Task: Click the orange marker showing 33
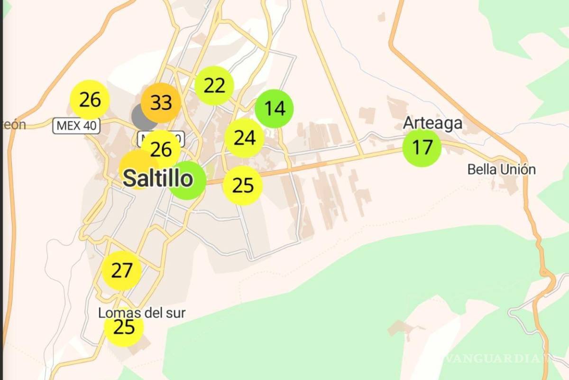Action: [x=160, y=103]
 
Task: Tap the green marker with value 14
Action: [x=274, y=109]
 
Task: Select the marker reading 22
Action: [x=214, y=85]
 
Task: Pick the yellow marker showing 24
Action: [x=245, y=138]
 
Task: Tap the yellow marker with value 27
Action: [x=122, y=271]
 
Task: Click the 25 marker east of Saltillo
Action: [x=243, y=185]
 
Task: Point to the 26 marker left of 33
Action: [x=90, y=100]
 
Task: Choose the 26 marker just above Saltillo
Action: [x=161, y=150]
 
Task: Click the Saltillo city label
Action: [x=157, y=179]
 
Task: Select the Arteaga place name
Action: [x=432, y=123]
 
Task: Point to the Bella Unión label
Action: [x=501, y=169]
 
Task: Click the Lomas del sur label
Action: [x=142, y=313]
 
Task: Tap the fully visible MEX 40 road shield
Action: [x=76, y=126]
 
